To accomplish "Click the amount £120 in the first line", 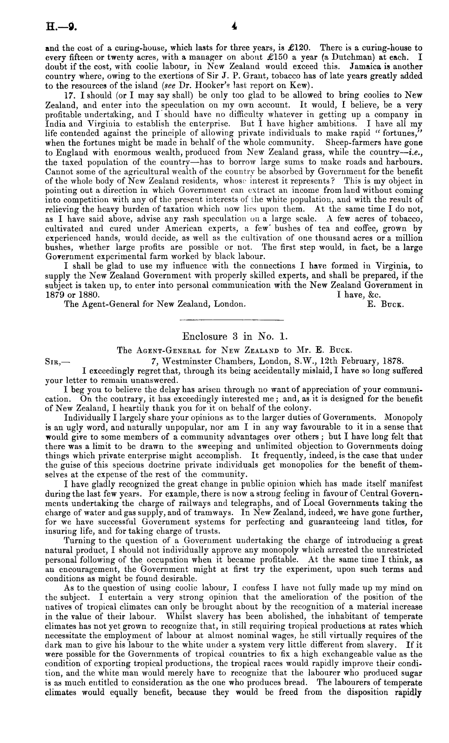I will [x=296, y=48].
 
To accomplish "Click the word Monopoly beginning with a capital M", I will [x=404, y=417].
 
